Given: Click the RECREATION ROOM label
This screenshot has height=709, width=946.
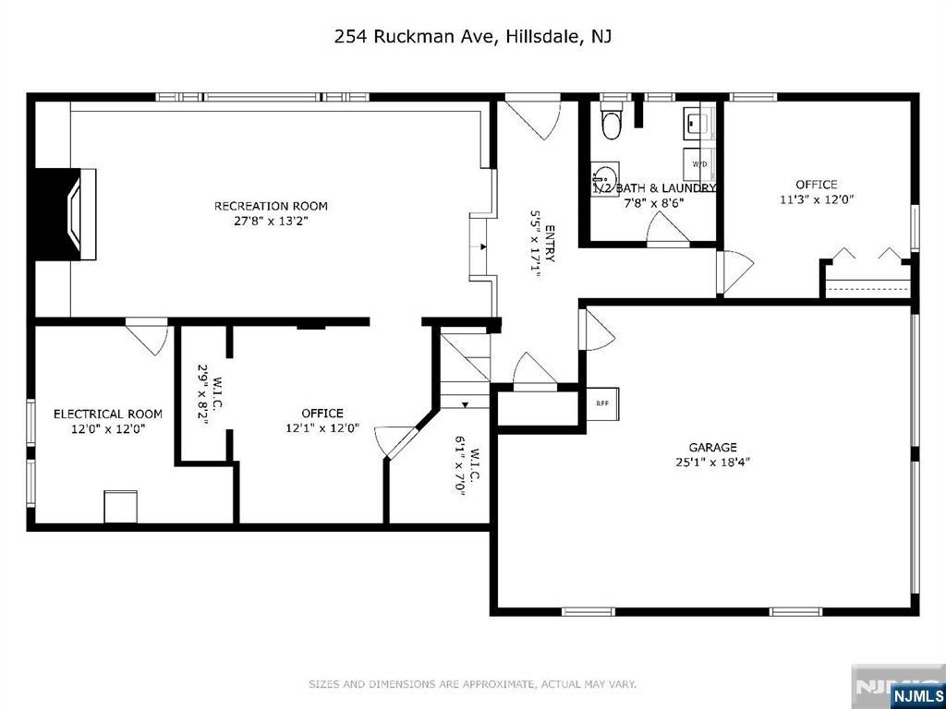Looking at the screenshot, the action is click(x=271, y=206).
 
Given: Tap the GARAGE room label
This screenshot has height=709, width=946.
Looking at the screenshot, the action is click(x=712, y=448).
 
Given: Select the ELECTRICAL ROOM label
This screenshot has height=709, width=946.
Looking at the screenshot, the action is click(x=108, y=415).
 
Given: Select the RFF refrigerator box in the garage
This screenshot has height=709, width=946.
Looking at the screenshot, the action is click(x=602, y=404).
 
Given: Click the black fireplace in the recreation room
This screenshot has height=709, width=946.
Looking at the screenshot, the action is click(x=58, y=214).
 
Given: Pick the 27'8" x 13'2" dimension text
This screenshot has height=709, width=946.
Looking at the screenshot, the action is click(x=271, y=221).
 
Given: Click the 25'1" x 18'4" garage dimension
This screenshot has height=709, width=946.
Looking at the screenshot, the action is click(x=712, y=463).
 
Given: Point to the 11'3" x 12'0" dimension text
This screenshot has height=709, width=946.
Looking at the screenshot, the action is click(x=817, y=199).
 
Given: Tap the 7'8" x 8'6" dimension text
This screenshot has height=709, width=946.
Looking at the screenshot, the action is click(x=654, y=202).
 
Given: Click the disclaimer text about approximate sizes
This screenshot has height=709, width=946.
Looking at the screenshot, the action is click(x=472, y=684).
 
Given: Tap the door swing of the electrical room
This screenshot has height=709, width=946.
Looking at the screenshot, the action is click(x=147, y=340).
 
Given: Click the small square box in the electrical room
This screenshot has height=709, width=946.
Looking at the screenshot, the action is click(x=121, y=507).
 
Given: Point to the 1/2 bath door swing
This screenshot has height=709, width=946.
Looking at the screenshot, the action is click(x=668, y=230).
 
